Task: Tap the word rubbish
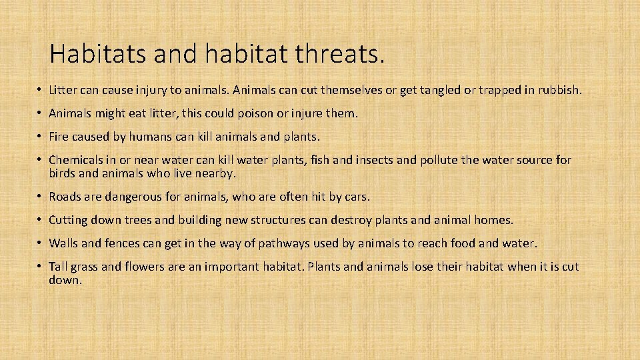(559, 89)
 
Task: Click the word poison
(249, 113)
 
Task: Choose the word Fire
(59, 137)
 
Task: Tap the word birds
(63, 173)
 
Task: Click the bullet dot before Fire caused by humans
(41, 137)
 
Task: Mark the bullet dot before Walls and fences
(41, 243)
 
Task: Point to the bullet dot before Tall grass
(41, 267)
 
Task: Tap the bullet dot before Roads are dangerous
(41, 197)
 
